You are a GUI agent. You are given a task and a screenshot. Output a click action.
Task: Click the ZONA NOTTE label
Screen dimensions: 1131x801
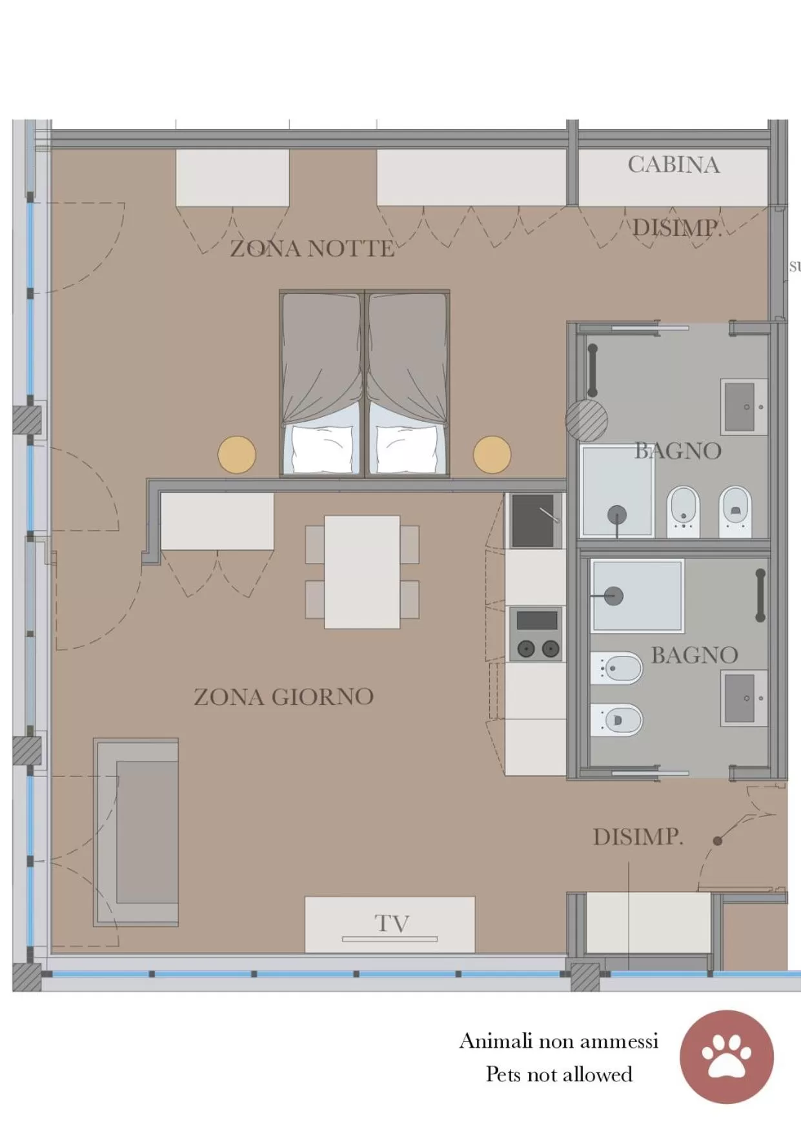312,248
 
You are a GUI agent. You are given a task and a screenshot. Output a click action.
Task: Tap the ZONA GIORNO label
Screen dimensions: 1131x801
283,697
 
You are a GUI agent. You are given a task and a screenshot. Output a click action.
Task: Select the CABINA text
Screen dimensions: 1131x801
673,165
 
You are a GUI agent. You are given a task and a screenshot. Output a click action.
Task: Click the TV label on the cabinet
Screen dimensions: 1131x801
391,923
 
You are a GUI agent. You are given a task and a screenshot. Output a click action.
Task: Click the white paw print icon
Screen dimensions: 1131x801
727,1057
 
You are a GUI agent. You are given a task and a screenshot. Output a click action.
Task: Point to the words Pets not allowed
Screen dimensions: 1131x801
559,1074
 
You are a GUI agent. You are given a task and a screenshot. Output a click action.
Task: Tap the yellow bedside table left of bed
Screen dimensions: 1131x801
237,455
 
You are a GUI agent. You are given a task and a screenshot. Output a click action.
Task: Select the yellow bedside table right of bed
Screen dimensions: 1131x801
492,455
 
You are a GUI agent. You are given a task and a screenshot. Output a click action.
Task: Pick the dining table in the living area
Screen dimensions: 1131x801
361,571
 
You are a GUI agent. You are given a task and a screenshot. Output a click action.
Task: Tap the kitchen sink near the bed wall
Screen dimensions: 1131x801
534,520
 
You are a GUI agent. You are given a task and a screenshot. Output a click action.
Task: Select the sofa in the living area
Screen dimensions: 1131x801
137,832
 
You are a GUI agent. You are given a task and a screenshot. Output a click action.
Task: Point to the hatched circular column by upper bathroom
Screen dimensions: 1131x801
586,420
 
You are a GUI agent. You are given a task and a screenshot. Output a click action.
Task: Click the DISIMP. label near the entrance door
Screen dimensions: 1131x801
638,837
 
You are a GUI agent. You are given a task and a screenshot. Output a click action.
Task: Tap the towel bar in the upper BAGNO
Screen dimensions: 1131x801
593,371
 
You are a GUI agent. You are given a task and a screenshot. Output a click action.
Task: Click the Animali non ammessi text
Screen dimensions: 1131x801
559,1041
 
